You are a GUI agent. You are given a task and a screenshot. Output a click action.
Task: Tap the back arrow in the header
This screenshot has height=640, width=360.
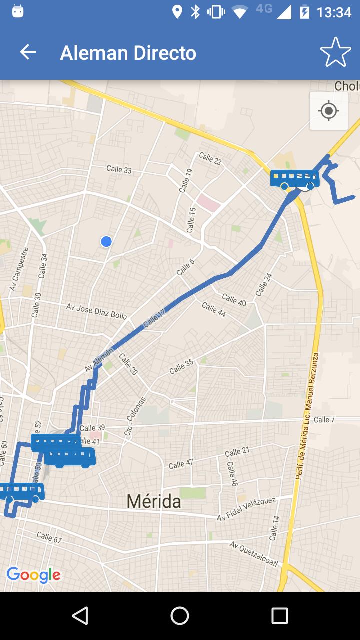pyautogui.click(x=28, y=52)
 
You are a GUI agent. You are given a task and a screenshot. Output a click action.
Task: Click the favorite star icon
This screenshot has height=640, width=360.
pyautogui.click(x=335, y=52)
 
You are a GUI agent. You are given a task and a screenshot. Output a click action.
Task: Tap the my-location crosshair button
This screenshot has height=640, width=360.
pyautogui.click(x=329, y=111)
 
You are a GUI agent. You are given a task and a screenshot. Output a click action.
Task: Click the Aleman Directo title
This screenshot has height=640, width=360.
pyautogui.click(x=128, y=53)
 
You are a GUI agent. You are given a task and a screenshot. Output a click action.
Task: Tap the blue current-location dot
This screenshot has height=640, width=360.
pyautogui.click(x=106, y=242)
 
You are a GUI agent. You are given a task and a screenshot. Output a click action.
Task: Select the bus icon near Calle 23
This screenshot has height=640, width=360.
pyautogui.click(x=295, y=179)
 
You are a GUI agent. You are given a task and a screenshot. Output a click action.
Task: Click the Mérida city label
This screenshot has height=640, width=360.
pyautogui.click(x=154, y=501)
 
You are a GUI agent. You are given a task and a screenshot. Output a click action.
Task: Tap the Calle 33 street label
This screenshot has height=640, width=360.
pyautogui.click(x=119, y=169)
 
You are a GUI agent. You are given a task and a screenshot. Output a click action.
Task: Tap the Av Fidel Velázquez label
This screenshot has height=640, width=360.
pyautogui.click(x=246, y=509)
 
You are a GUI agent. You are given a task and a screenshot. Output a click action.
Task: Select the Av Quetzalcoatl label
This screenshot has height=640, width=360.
pyautogui.click(x=254, y=553)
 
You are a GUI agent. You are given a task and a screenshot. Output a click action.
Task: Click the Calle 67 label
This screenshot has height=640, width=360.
pyautogui.click(x=49, y=537)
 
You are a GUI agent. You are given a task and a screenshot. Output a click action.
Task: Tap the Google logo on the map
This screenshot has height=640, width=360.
pyautogui.click(x=33, y=575)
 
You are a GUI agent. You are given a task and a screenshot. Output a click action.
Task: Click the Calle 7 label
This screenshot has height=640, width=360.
pyautogui.click(x=324, y=419)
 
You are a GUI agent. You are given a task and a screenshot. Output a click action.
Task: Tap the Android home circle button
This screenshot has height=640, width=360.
pyautogui.click(x=180, y=616)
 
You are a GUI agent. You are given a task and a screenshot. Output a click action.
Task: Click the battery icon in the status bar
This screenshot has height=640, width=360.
pyautogui.click(x=304, y=12)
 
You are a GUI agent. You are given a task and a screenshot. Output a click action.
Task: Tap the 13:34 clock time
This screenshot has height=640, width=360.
pyautogui.click(x=334, y=12)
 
